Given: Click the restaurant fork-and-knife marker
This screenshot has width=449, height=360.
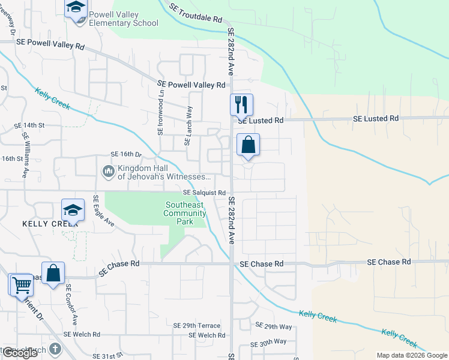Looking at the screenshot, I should click(241, 104).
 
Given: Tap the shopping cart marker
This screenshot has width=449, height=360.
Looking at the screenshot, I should click(21, 284).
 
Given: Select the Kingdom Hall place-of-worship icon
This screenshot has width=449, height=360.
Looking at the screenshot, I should click(108, 172).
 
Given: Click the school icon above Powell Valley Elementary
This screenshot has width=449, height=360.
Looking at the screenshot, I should click(76, 8).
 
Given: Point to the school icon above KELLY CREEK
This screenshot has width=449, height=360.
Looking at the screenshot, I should click(73, 210).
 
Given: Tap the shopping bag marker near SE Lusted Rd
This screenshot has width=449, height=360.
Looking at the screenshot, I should click(248, 145).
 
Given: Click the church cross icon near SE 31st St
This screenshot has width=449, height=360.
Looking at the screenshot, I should click(55, 349).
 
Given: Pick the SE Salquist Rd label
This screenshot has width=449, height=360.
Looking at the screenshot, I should click(204, 193).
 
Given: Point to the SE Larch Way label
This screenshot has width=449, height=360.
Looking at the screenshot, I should click(189, 126).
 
